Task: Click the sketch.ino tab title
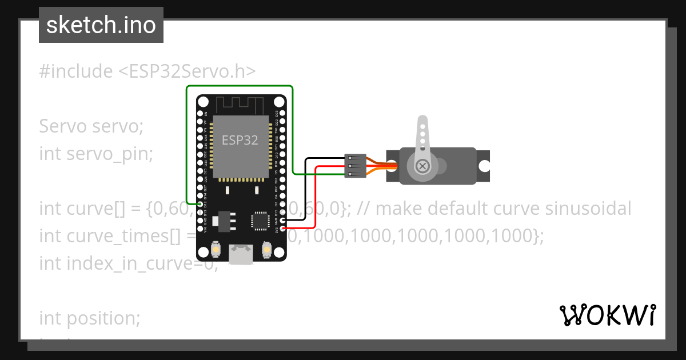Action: point(101,26)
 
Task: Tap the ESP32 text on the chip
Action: point(240,140)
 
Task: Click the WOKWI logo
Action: point(607,315)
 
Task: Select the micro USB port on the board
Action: point(241,254)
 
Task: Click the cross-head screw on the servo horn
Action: point(422,166)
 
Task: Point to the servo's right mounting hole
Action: point(484,166)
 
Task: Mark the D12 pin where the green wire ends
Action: point(200,204)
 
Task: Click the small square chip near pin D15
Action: point(260,221)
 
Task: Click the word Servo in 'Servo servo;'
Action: point(63,126)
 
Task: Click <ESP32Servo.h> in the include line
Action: point(188,71)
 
